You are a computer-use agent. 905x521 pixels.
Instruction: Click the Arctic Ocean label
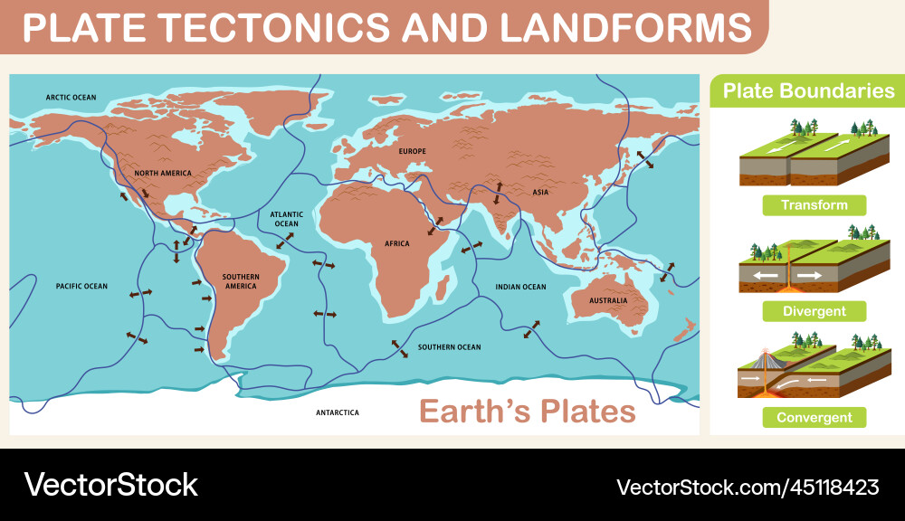point(71,98)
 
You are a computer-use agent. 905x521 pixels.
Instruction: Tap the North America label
point(163,173)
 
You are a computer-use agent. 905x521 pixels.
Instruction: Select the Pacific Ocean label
point(81,287)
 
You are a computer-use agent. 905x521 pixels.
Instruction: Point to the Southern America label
point(241,281)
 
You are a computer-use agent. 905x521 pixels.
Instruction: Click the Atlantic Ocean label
point(286,219)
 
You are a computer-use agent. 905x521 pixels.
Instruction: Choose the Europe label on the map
point(412,151)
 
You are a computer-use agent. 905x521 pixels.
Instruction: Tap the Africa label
point(396,243)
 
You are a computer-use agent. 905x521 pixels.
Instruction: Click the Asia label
point(540,192)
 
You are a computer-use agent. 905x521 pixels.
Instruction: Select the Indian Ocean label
point(520,287)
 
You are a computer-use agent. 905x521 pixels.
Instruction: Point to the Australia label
point(608,300)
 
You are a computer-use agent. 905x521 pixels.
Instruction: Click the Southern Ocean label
point(449,347)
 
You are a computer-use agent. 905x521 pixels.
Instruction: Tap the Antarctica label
point(337,412)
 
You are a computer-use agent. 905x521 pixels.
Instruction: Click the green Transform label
point(814,205)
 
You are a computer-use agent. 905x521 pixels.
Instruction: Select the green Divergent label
point(814,311)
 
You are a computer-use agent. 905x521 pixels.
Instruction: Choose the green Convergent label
point(814,418)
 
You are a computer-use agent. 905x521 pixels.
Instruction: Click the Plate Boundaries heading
point(808,91)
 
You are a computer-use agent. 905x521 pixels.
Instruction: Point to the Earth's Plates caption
point(527,412)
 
